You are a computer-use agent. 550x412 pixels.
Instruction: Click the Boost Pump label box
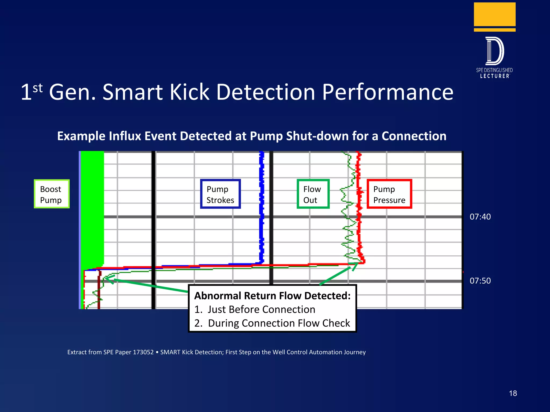52,194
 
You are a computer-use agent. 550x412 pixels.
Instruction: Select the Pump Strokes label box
220,194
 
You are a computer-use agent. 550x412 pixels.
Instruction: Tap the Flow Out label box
313,194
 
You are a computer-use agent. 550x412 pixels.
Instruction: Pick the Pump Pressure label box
389,194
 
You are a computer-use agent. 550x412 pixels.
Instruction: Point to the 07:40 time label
480,217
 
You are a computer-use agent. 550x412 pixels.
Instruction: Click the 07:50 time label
480,281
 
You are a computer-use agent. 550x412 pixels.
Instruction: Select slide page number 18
513,393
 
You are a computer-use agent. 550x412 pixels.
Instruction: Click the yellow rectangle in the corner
494,15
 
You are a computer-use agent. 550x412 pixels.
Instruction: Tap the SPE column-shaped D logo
494,51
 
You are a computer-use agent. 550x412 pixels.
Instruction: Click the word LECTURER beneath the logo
494,76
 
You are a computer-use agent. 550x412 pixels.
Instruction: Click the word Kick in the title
189,92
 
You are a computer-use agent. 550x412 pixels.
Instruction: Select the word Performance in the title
388,92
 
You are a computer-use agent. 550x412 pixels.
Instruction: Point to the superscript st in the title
38,88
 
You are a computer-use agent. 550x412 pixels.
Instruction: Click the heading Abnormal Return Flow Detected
272,296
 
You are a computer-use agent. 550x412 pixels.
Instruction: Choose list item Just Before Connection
261,310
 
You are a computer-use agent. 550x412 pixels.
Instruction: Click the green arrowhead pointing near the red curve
355,266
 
